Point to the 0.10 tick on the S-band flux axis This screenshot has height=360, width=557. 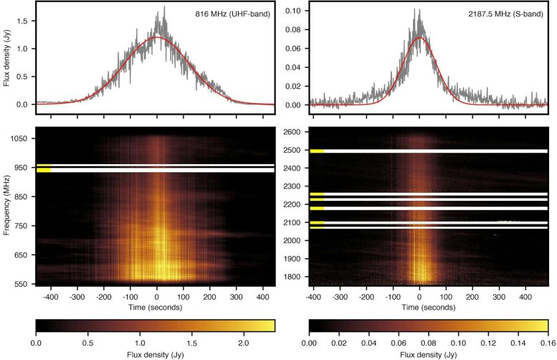[292, 12]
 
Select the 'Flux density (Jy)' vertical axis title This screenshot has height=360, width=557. [7, 56]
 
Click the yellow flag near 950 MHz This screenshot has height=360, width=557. [43, 169]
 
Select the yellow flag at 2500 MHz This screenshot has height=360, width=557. [317, 151]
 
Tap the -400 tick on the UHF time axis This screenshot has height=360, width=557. [49, 295]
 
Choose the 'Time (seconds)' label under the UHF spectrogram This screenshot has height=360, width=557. [156, 306]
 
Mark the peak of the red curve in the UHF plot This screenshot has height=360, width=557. [157, 37]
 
